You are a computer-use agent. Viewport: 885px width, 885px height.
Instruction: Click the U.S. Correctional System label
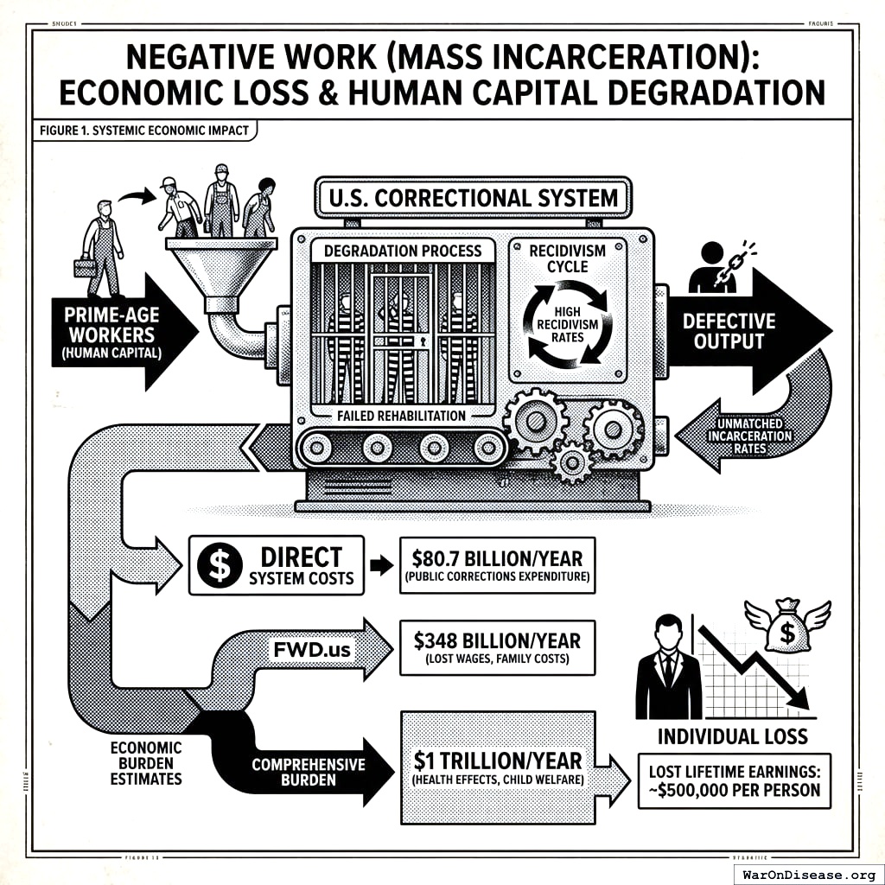(x=473, y=198)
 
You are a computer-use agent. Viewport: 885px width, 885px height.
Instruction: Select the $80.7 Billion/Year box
(x=497, y=565)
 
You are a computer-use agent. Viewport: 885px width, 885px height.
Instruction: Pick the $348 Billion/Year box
(x=497, y=647)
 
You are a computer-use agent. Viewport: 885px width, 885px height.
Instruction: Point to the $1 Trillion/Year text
(x=498, y=762)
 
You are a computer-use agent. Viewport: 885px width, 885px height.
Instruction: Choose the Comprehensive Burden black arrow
(x=309, y=772)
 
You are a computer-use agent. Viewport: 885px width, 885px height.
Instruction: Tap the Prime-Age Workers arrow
(x=111, y=331)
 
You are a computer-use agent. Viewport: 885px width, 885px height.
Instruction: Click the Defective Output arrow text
(x=729, y=331)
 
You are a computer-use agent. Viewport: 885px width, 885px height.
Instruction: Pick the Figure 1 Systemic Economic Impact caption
(x=144, y=131)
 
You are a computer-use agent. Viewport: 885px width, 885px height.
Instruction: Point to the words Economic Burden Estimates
(x=145, y=762)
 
